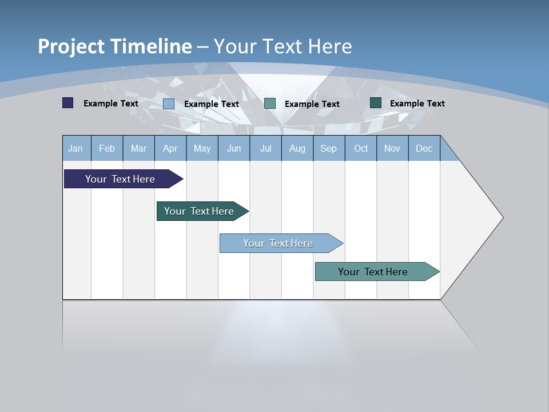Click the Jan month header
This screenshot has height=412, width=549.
coord(76,148)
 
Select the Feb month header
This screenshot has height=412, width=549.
coord(107,148)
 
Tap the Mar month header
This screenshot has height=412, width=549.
coord(138,148)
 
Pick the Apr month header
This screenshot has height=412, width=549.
coord(170,148)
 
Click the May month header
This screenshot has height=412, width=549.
coord(202,148)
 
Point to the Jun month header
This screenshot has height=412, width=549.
coord(234,148)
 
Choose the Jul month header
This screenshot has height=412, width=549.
coord(265,148)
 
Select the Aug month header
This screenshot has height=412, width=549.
coord(297,148)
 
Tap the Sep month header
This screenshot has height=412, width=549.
coord(329,148)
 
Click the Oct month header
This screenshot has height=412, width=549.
coord(361,148)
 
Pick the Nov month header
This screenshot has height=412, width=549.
coord(392,148)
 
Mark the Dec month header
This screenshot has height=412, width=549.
coord(424,148)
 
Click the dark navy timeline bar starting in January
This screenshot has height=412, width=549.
coord(121,179)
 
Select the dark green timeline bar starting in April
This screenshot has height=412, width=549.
coord(200,211)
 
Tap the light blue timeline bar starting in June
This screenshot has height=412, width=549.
coord(279,243)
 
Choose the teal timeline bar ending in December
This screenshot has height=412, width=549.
coord(373,272)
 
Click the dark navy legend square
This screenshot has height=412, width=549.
coord(68,103)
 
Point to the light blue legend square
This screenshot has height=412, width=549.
coord(169,104)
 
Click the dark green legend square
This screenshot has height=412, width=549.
coord(376,103)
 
